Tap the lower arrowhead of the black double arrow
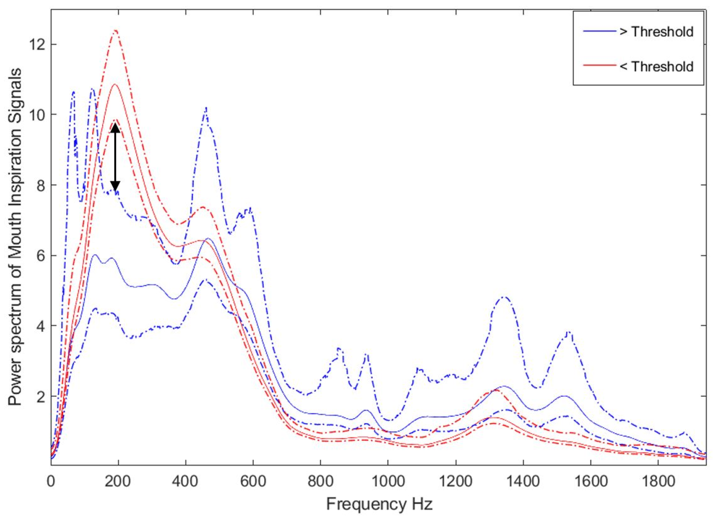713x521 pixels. [x=115, y=187]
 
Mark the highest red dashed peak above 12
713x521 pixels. [x=115, y=31]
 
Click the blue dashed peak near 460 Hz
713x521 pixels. [x=206, y=108]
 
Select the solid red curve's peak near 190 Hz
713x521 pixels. [x=114, y=84]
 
